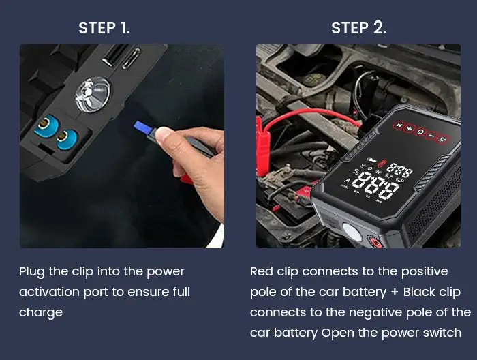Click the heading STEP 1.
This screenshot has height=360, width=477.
coord(104,28)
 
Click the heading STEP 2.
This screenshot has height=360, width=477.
coord(358,28)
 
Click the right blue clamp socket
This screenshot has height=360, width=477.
coord(66,138)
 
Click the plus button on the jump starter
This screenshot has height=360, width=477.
coord(409,127)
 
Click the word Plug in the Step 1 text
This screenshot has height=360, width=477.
coord(31,271)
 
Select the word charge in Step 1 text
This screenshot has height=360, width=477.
coord(40,312)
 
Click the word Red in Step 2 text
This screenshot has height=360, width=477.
coord(262,271)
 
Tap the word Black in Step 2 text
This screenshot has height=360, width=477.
coord(420,292)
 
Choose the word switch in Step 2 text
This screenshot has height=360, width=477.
coord(442,333)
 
